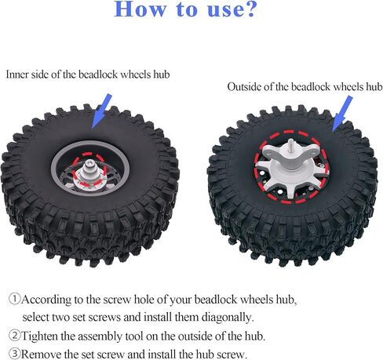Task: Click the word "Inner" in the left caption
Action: [20, 75]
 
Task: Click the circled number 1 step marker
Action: [14, 300]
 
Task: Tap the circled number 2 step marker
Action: [14, 336]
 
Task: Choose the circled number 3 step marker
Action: [14, 354]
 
